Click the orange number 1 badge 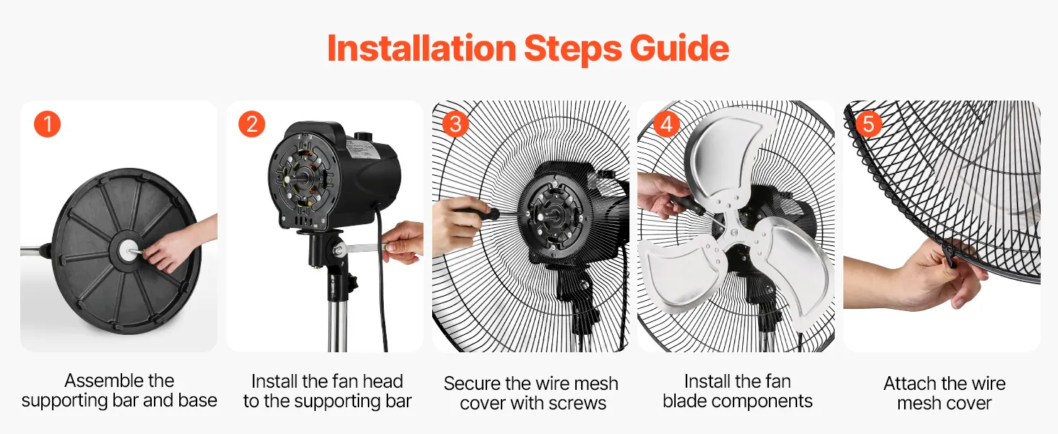coord(47,124)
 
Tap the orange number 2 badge coord(251,124)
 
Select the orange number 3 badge coord(455,124)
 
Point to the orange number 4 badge coord(666,124)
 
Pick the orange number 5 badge coord(869,124)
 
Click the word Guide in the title coord(679,48)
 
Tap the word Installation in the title coord(421,48)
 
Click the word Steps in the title coord(572,49)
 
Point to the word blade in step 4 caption coord(684,401)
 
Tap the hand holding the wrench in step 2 coord(403,242)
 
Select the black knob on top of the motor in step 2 coord(364,136)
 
